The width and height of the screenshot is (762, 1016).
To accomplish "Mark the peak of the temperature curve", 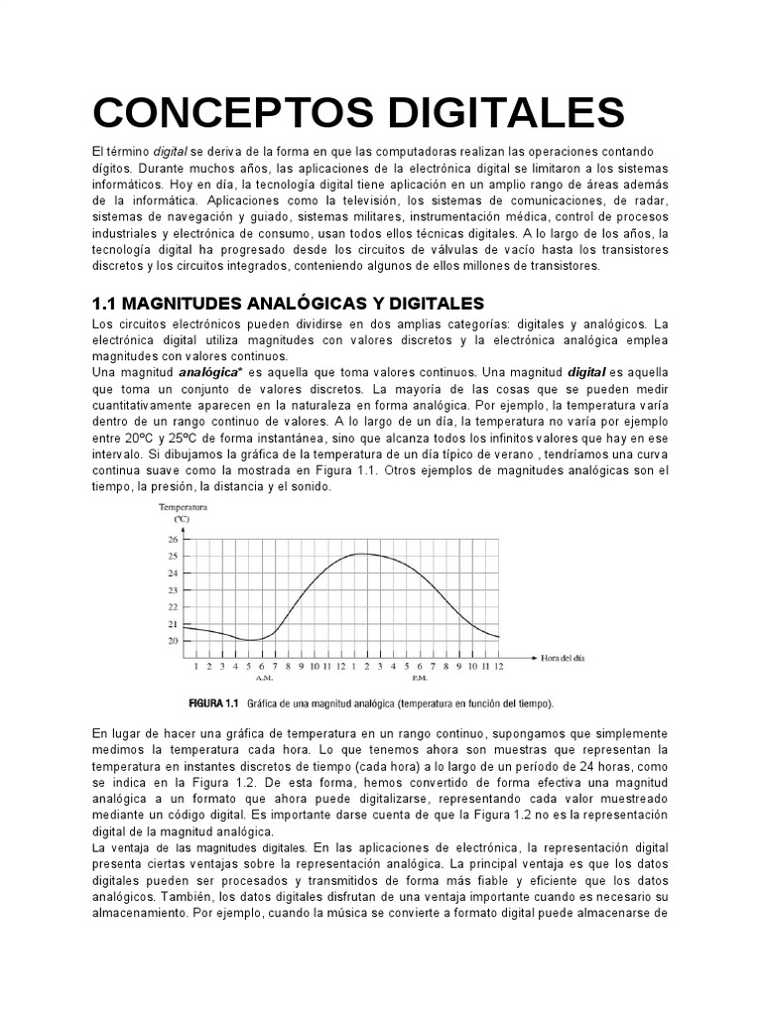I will tap(367, 554).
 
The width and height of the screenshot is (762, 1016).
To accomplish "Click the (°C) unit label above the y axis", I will tap(182, 518).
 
